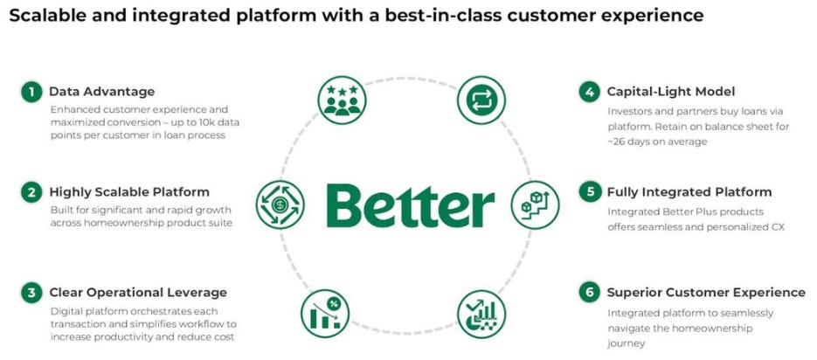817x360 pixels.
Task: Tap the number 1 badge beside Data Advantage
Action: (x=31, y=92)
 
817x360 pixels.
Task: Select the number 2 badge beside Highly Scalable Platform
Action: (x=31, y=192)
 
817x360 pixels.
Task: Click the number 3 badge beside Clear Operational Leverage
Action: (x=31, y=293)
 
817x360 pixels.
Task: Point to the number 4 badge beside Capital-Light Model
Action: (x=590, y=92)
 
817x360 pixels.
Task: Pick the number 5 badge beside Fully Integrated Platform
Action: (x=590, y=192)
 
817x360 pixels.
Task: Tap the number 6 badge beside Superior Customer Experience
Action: (x=590, y=293)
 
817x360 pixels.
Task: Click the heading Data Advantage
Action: (x=101, y=92)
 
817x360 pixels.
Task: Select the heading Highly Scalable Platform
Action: (x=129, y=192)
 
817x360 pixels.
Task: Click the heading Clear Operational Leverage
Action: (x=138, y=293)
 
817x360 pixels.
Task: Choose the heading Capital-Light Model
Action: (x=671, y=92)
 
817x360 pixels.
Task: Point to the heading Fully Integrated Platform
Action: (x=689, y=192)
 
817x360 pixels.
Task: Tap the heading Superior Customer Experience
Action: (x=706, y=293)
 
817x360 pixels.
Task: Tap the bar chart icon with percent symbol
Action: (x=325, y=312)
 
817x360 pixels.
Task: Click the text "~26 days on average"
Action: (x=657, y=141)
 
